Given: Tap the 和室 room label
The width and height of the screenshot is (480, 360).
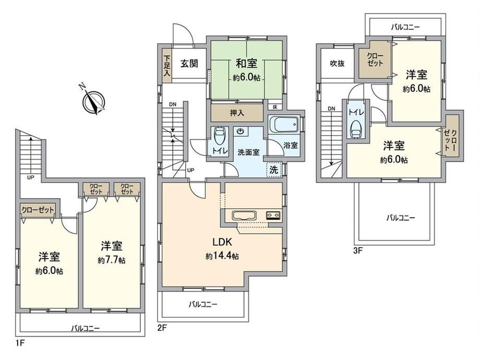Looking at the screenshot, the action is pyautogui.click(x=246, y=63).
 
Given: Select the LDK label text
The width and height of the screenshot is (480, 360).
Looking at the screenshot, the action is pyautogui.click(x=222, y=242).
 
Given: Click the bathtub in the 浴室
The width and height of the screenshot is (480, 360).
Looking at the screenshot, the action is pyautogui.click(x=284, y=125).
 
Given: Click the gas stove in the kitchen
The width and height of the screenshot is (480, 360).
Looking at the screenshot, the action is pyautogui.click(x=273, y=215).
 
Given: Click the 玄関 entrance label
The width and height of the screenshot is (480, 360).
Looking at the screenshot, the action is pyautogui.click(x=189, y=63).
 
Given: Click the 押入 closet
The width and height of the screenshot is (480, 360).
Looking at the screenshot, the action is pyautogui.click(x=237, y=113).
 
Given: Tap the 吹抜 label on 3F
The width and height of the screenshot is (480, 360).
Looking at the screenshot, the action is pyautogui.click(x=337, y=63).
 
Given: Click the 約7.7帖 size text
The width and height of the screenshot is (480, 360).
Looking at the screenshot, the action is pyautogui.click(x=112, y=260).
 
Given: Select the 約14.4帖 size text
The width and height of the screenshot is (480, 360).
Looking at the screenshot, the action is pyautogui.click(x=222, y=256).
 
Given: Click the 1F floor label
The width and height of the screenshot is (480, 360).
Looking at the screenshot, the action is pyautogui.click(x=20, y=343).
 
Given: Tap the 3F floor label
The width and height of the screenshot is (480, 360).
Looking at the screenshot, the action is pyautogui.click(x=358, y=251).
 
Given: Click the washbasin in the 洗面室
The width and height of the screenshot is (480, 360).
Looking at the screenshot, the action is pyautogui.click(x=241, y=131).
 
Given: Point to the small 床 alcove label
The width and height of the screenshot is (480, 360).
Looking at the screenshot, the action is pyautogui.click(x=275, y=107).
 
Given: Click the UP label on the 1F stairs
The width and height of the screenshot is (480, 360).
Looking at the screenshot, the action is pyautogui.click(x=31, y=177).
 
